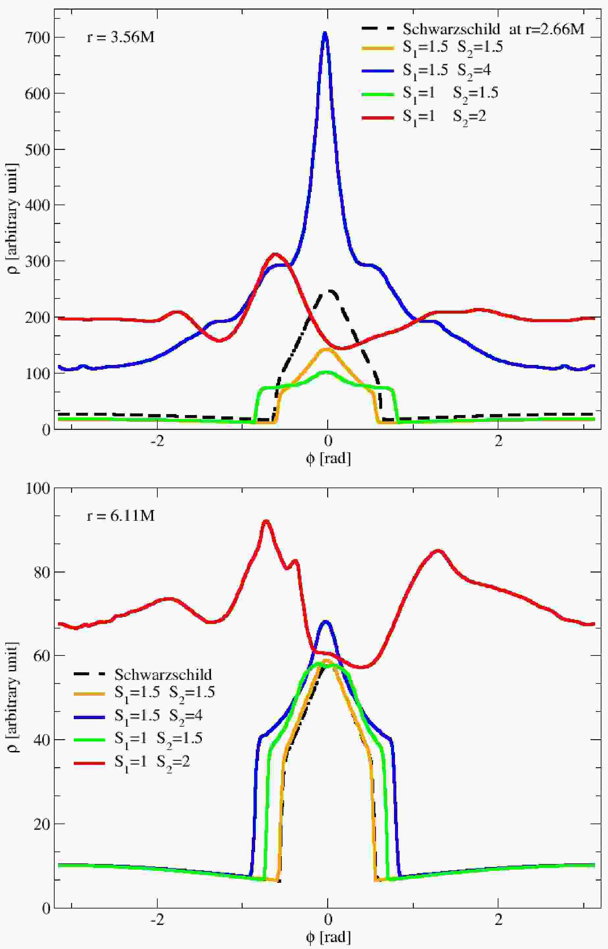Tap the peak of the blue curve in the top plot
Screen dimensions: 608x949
click(x=325, y=33)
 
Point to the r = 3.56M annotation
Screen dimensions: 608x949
click(x=120, y=38)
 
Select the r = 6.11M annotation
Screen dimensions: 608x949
click(x=120, y=516)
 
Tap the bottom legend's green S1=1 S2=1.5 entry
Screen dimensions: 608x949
click(x=138, y=739)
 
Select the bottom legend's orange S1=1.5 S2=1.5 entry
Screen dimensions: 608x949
click(x=145, y=693)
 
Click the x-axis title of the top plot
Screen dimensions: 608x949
click(x=328, y=458)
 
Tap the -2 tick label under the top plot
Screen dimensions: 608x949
click(x=157, y=441)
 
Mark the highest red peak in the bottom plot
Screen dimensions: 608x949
click(x=266, y=521)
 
